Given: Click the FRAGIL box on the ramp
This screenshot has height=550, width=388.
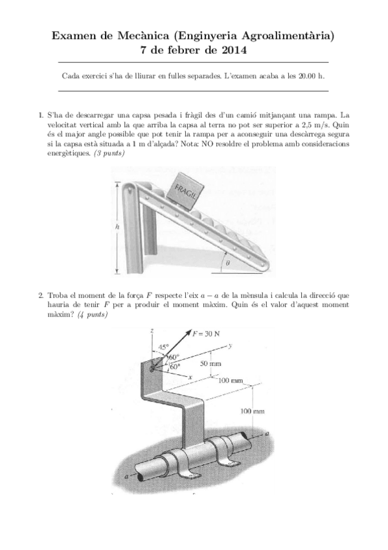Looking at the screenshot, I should tap(188, 189).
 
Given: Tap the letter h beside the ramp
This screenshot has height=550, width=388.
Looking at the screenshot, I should tap(117, 228).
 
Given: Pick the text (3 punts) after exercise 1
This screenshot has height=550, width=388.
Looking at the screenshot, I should tap(110, 153).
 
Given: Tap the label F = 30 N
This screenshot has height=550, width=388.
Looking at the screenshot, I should tap(207, 334).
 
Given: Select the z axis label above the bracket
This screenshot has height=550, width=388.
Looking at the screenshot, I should tap(150, 331).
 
